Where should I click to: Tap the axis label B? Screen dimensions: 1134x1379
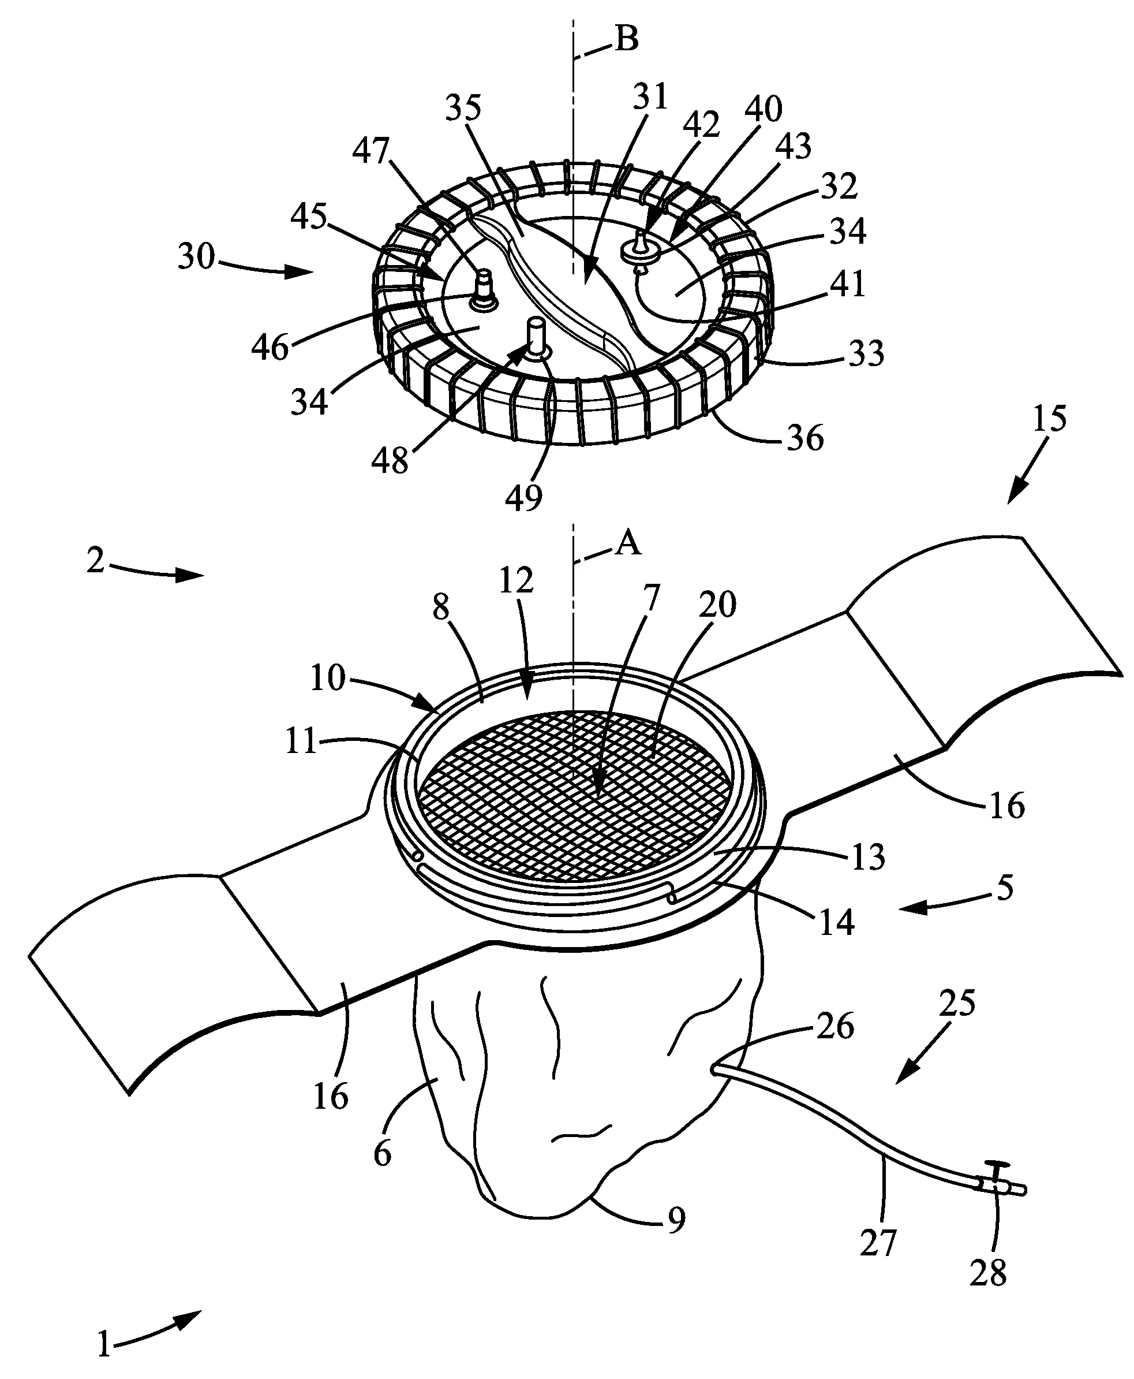(627, 39)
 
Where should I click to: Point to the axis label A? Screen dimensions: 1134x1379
(629, 543)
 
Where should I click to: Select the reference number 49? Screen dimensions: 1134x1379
(524, 497)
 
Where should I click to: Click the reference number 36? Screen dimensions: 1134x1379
(805, 438)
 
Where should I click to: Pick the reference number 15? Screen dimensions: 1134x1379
(1049, 418)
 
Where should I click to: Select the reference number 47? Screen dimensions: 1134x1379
(370, 152)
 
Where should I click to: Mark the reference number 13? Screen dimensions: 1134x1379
(868, 858)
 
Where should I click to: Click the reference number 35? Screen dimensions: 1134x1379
(463, 107)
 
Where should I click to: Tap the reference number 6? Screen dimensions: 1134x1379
(382, 1154)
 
